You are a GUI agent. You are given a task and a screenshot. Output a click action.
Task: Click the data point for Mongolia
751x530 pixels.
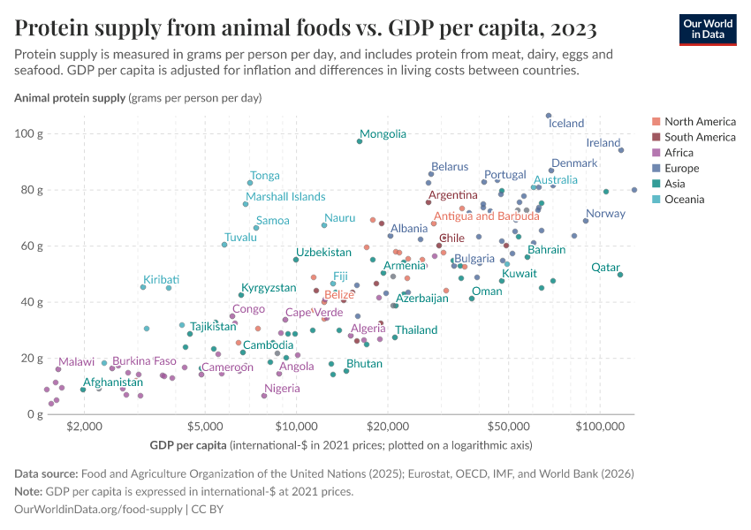tap(360, 141)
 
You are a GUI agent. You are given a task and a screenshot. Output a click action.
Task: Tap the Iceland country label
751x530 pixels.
tap(566, 124)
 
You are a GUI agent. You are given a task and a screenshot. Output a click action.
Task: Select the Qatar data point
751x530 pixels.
tap(620, 275)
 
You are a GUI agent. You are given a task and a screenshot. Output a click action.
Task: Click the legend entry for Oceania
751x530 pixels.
tap(685, 200)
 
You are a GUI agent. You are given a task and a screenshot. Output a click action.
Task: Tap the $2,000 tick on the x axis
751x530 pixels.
tap(84, 424)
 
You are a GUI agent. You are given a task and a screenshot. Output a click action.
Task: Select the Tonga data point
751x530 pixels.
tap(250, 183)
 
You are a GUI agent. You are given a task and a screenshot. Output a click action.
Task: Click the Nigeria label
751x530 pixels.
tap(282, 389)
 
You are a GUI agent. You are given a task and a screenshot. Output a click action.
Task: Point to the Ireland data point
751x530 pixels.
tap(621, 150)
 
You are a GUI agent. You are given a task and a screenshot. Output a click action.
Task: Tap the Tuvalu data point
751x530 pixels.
tap(224, 245)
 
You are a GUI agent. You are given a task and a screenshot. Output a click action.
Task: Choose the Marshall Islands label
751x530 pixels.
tap(285, 197)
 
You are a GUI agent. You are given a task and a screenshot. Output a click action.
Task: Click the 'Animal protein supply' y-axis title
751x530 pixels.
tap(69, 98)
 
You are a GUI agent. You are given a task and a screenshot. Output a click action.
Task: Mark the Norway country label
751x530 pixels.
tap(605, 214)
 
